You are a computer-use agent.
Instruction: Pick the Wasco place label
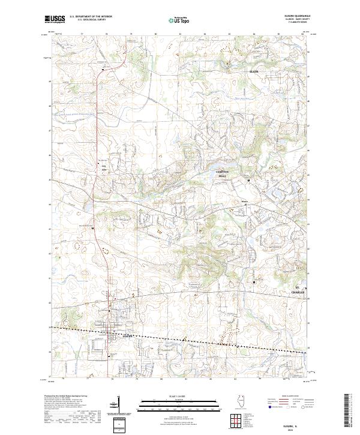244,202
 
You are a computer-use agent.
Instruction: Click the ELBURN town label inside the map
126,336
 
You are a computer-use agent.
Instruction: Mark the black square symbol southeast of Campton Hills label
248,181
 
